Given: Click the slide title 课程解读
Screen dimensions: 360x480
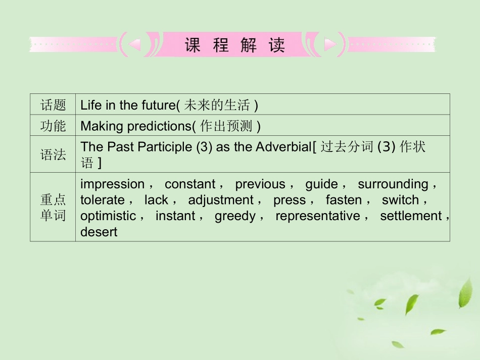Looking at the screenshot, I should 234,45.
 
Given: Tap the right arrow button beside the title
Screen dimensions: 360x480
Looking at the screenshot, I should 330,45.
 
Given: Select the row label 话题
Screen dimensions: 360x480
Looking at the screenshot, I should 53,105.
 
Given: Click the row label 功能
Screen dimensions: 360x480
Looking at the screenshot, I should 53,126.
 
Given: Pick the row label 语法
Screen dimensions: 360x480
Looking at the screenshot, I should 53,155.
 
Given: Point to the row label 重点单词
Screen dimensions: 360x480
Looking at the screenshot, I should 53,208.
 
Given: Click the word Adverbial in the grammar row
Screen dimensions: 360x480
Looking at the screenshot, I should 283,146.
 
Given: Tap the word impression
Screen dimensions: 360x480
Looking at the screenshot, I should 112,184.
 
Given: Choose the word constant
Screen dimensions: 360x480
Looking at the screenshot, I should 190,184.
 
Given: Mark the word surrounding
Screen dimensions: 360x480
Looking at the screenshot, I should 393,184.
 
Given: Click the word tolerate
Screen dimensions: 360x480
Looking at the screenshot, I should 102,200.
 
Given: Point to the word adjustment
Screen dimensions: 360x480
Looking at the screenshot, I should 221,200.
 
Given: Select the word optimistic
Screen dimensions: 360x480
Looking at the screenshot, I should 108,216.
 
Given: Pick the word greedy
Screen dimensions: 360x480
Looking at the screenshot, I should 235,216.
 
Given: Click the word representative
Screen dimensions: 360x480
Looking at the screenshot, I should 317,216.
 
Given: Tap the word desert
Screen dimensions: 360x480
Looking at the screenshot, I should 99,232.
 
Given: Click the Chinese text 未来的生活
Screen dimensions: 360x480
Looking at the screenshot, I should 217,105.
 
